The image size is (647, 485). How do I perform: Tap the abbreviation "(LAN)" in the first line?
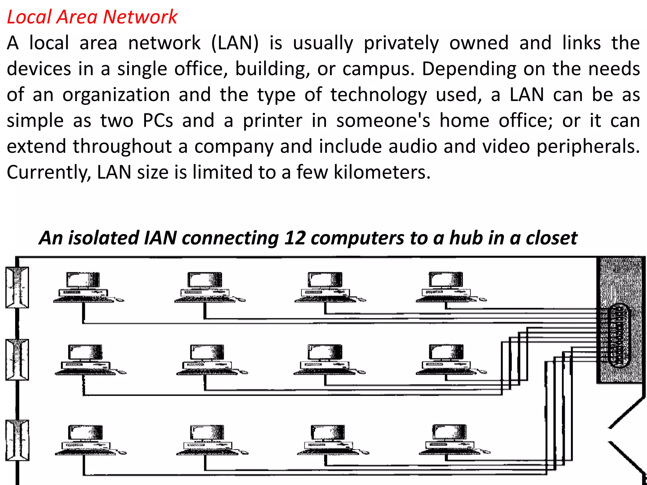tap(235, 43)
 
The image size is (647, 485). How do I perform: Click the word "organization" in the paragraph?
tap(116, 95)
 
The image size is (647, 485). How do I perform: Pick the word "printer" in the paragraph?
tap(272, 121)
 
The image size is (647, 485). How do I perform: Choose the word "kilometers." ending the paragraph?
tap(382, 172)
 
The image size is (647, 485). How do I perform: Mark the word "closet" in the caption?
tap(551, 238)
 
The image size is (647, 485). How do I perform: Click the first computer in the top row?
tap(84, 288)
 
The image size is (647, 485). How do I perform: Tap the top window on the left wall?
tap(17, 287)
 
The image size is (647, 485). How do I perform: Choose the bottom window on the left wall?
tap(17, 440)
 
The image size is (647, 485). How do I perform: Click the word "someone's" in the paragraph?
tap(383, 121)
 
